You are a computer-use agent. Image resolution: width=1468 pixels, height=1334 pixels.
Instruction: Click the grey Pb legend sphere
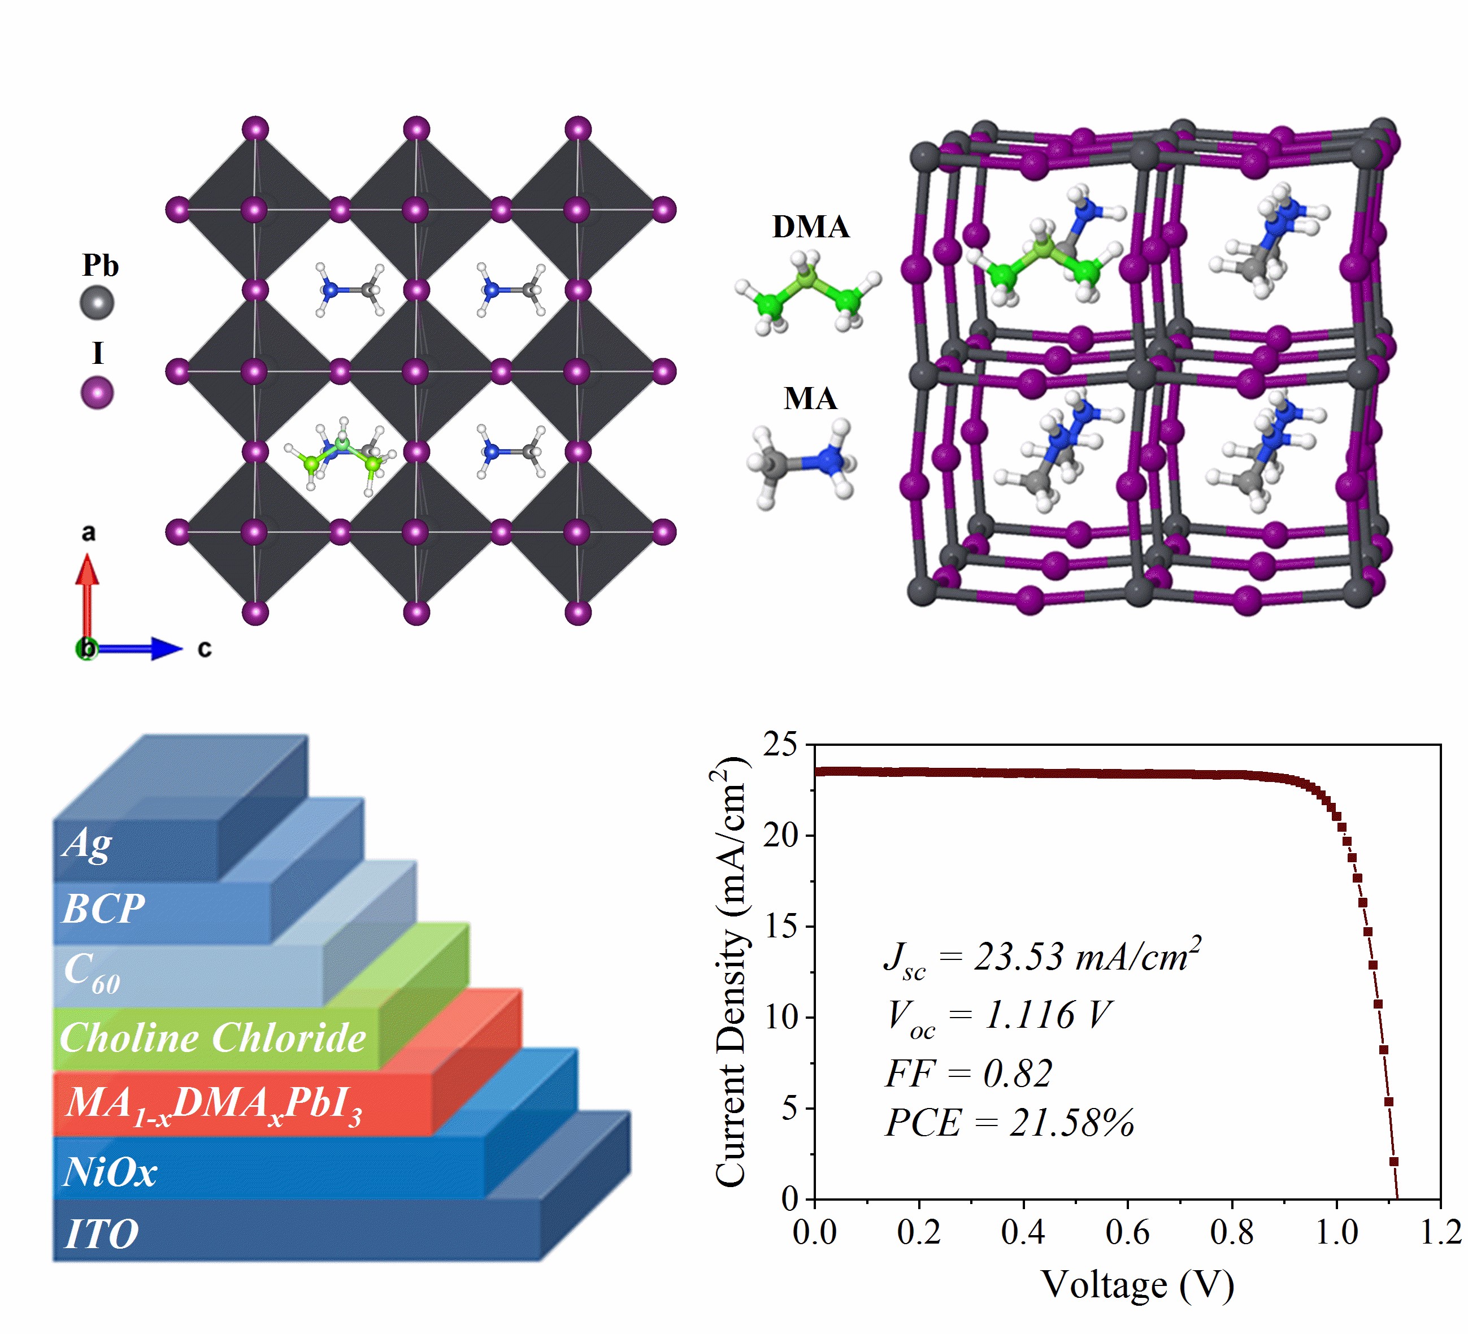click(x=97, y=302)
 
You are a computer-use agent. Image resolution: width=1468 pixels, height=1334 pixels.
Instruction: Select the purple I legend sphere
click(x=97, y=393)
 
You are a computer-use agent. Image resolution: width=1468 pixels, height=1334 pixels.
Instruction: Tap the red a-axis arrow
click(x=88, y=597)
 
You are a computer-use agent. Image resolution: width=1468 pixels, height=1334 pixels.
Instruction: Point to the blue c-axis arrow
click(x=138, y=648)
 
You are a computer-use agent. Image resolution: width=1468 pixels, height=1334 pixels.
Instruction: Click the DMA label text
click(x=810, y=227)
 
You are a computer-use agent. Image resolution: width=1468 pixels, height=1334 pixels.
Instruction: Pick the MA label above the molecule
click(x=810, y=399)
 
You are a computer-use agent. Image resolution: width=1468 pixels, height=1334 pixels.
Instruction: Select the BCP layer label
click(x=103, y=909)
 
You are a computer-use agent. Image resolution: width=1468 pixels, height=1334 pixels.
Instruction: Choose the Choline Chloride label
click(x=212, y=1037)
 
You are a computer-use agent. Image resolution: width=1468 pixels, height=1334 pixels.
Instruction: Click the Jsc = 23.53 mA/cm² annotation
click(x=1041, y=958)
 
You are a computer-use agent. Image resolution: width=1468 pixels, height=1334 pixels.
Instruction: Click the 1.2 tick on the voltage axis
click(x=1441, y=1232)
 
